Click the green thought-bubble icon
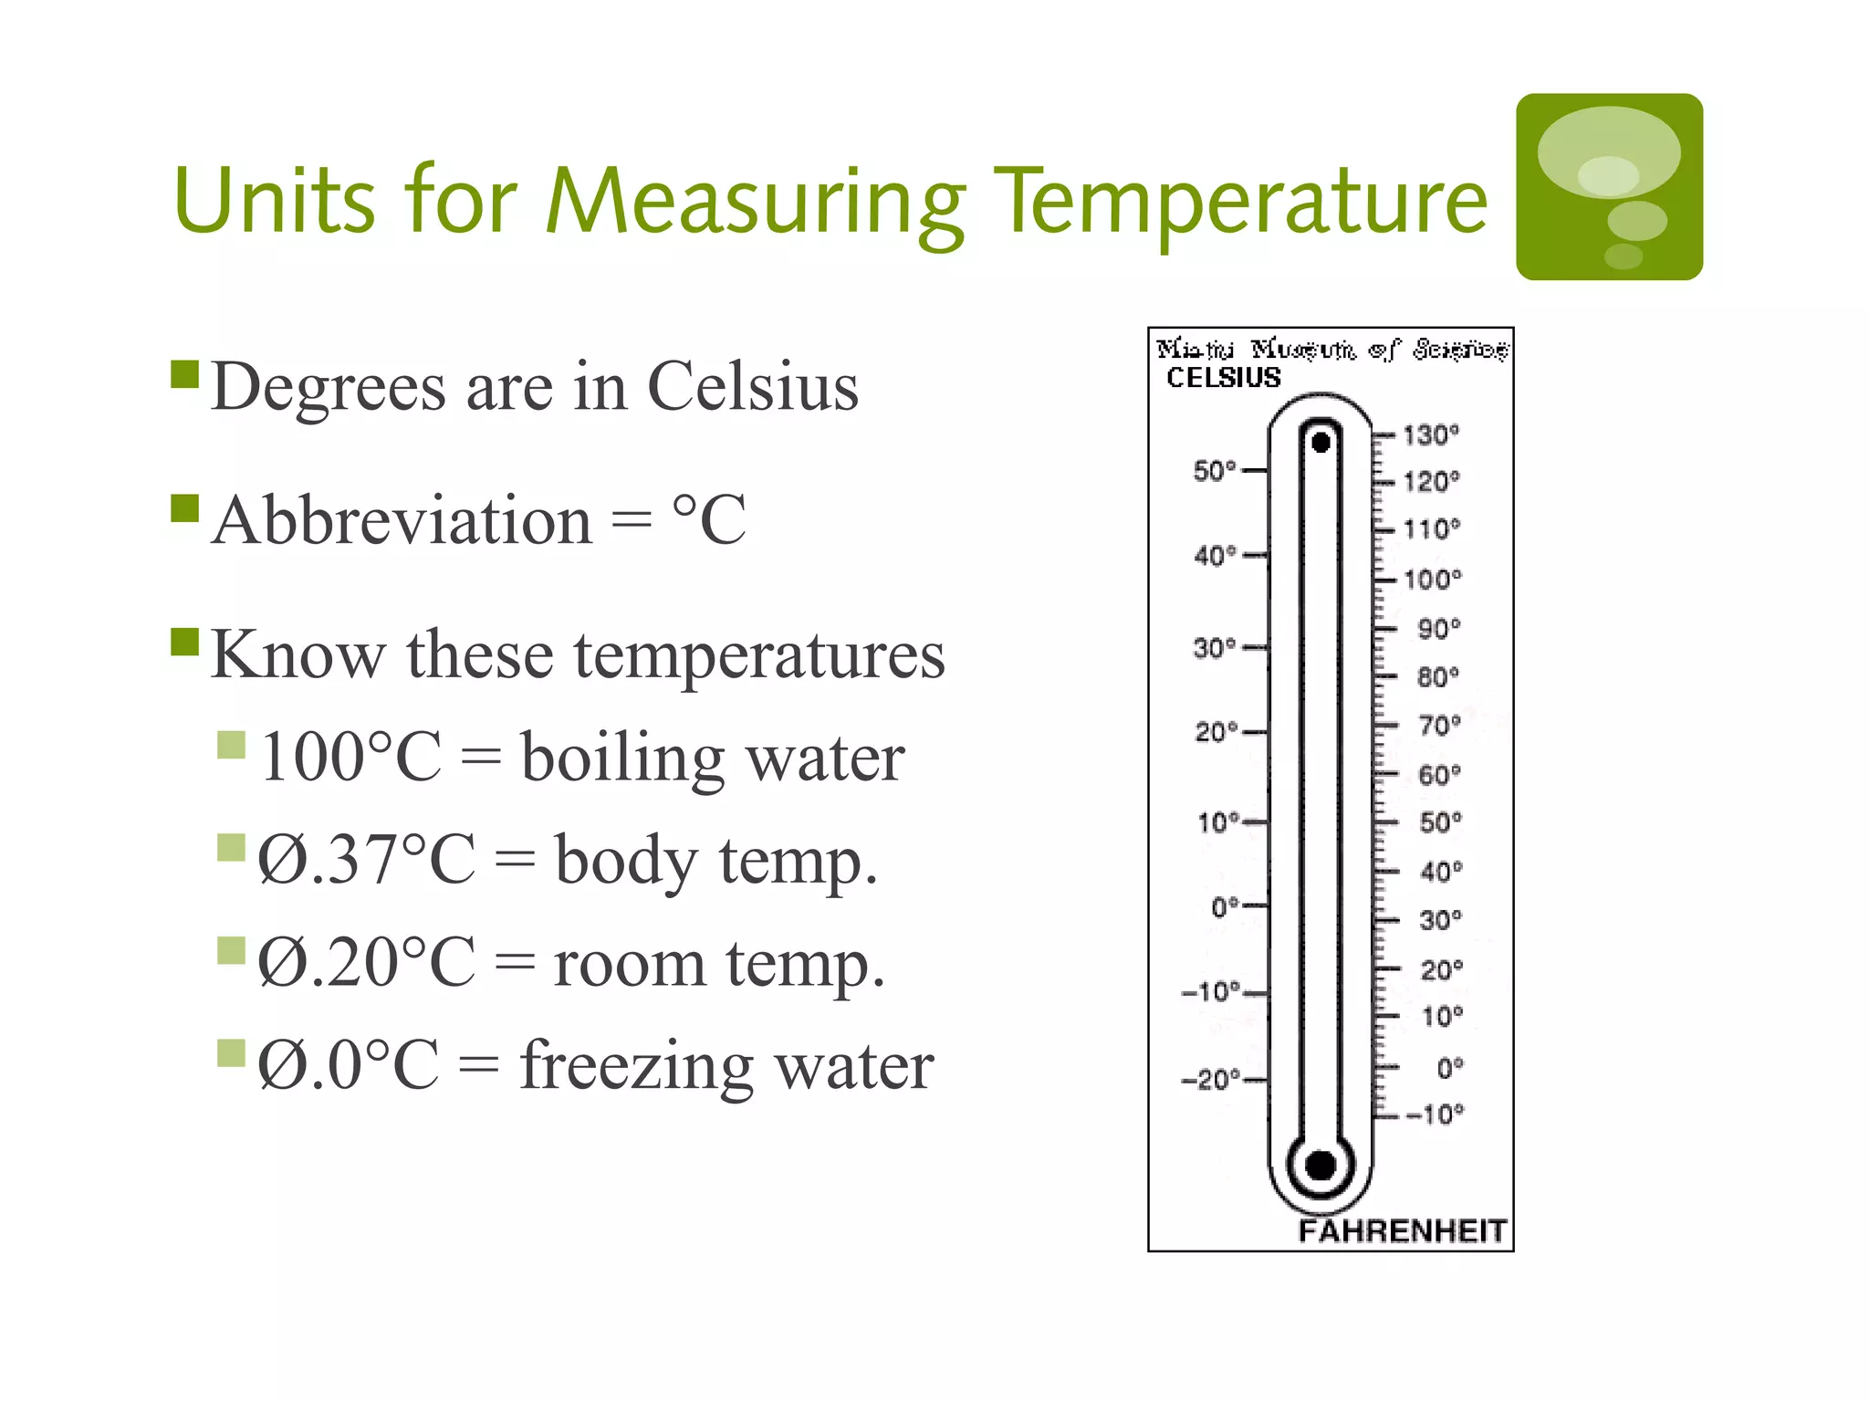click(1609, 187)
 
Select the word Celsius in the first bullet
click(753, 386)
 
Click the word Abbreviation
click(402, 520)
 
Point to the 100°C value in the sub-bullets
click(350, 757)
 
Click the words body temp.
click(715, 860)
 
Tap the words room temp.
click(719, 963)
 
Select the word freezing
click(636, 1066)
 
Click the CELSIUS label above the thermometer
click(1224, 377)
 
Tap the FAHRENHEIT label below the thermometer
click(1402, 1230)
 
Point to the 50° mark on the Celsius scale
click(1215, 471)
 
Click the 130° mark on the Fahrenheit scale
click(1430, 434)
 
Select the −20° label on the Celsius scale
click(1210, 1080)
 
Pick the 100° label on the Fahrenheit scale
click(1432, 579)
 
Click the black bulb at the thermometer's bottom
click(1321, 1165)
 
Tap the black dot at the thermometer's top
click(1321, 443)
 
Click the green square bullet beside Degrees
click(185, 374)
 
